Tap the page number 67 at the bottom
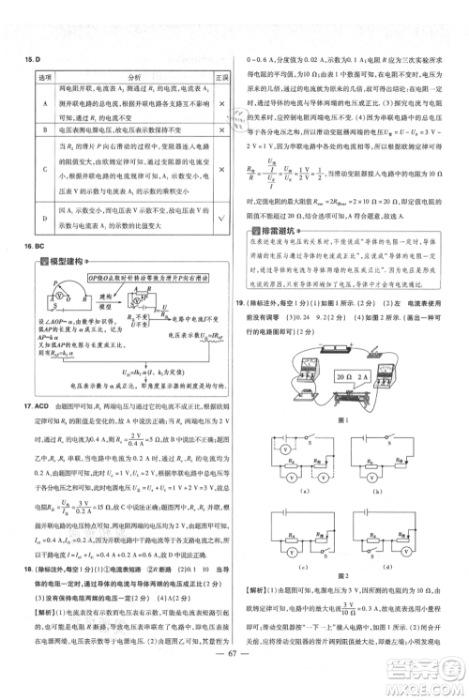(x=234, y=682)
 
